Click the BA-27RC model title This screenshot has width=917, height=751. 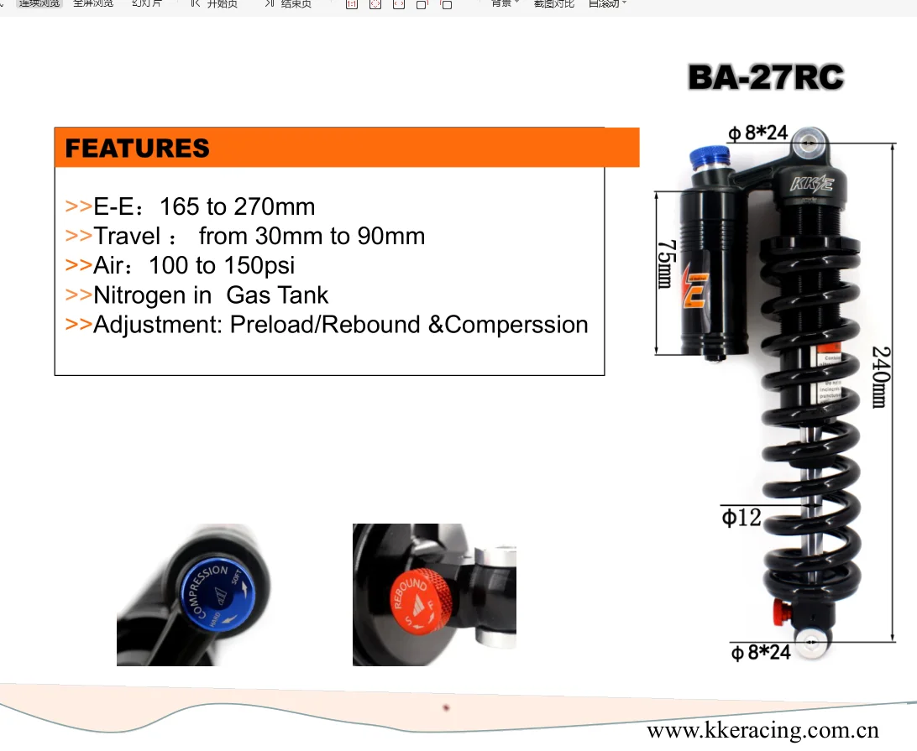pyautogui.click(x=765, y=78)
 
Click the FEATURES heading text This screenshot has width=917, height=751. pyautogui.click(x=137, y=149)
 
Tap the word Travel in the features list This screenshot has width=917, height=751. pyautogui.click(x=127, y=236)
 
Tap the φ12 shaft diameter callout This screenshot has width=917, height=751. pyautogui.click(x=741, y=518)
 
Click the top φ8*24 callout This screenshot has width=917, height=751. pyautogui.click(x=757, y=133)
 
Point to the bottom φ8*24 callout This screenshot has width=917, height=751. pyautogui.click(x=761, y=652)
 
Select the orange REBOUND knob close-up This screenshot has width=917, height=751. pyautogui.click(x=422, y=597)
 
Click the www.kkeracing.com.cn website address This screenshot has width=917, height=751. pyautogui.click(x=762, y=730)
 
